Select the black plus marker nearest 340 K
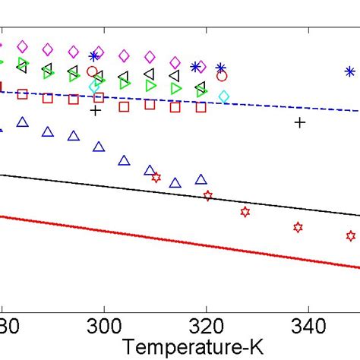pyautogui.click(x=300, y=122)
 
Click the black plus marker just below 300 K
pyautogui.click(x=95, y=111)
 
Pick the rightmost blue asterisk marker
pyautogui.click(x=349, y=71)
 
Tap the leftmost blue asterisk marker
pyautogui.click(x=94, y=55)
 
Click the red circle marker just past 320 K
pyautogui.click(x=222, y=76)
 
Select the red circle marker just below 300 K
pyautogui.click(x=92, y=72)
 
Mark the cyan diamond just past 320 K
pyautogui.click(x=224, y=96)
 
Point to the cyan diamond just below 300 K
pyautogui.click(x=94, y=86)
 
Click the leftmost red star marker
pyautogui.click(x=156, y=177)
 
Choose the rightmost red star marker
pyautogui.click(x=350, y=236)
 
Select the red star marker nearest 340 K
pyautogui.click(x=298, y=226)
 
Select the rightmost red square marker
pyautogui.click(x=201, y=107)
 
